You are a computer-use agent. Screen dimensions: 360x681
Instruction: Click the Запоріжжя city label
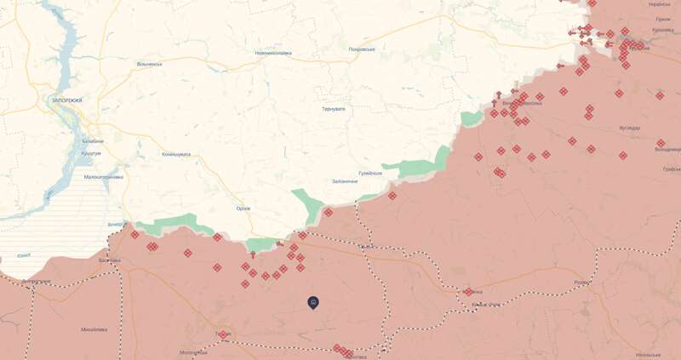pos(67,100)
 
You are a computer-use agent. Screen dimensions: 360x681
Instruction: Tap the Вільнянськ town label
pos(149,64)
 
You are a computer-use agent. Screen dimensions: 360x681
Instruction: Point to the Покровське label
pos(362,49)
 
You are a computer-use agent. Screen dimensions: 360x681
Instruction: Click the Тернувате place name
pos(335,109)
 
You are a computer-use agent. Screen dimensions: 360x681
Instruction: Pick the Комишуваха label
pos(176,154)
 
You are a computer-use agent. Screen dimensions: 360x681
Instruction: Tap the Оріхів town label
pos(243,209)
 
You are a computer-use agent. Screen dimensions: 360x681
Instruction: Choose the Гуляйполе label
pos(370,173)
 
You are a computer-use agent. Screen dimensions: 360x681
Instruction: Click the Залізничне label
pos(345,181)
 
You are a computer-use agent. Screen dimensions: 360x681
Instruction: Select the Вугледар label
pos(630,128)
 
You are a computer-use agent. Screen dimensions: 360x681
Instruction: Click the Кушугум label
pos(91,153)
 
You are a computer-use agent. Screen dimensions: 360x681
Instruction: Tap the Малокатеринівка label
pos(103,177)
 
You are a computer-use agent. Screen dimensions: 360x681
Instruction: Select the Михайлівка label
pos(94,329)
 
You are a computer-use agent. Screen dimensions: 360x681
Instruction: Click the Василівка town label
pos(110,260)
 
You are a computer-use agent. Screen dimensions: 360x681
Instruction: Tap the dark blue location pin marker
pos(313,302)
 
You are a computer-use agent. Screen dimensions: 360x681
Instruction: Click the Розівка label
pos(582,283)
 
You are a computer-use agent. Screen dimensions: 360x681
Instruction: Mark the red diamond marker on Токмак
pos(223,335)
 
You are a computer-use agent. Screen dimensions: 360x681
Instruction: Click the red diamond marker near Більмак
pos(468,292)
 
